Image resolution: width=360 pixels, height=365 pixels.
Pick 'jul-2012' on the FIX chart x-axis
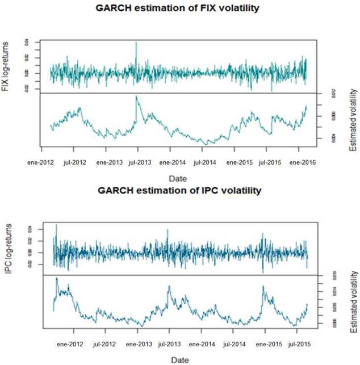click(75, 162)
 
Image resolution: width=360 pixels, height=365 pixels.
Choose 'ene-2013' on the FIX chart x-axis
click(109, 162)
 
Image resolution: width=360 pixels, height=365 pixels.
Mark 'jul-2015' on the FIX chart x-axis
click(270, 162)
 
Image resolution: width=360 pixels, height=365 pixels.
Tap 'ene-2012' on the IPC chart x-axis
click(70, 343)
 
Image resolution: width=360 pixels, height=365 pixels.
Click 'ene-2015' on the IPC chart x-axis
click(267, 343)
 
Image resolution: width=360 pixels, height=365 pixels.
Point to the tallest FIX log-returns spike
click(136, 43)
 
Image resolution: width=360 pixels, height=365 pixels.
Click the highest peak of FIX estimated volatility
click(136, 97)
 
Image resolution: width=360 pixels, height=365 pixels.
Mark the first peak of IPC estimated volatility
click(56, 279)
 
